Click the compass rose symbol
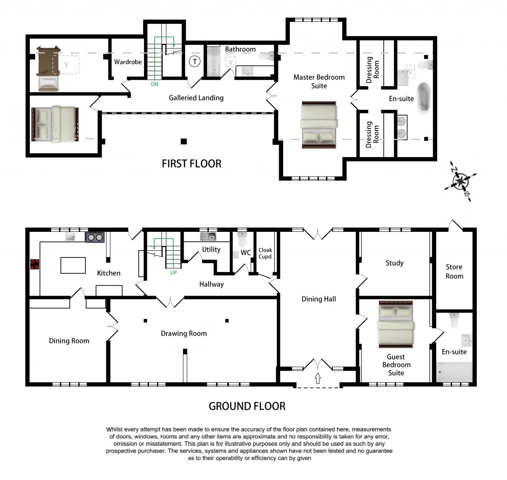pyautogui.click(x=461, y=181)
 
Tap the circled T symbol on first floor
pyautogui.click(x=195, y=62)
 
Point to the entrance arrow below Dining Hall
pyautogui.click(x=318, y=379)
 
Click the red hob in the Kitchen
pyautogui.click(x=34, y=264)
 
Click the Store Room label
pyautogui.click(x=454, y=271)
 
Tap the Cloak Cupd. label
pyautogui.click(x=265, y=254)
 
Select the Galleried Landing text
pyautogui.click(x=196, y=98)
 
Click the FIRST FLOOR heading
pyautogui.click(x=192, y=164)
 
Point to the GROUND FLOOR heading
pyautogui.click(x=247, y=406)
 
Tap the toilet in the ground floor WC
pyautogui.click(x=242, y=239)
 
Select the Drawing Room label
pyautogui.click(x=184, y=333)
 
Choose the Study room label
pyautogui.click(x=395, y=263)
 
